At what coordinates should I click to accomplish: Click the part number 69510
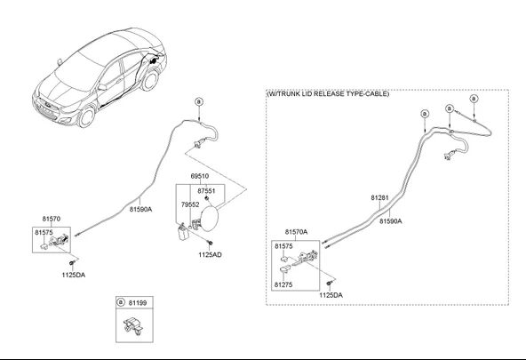pyautogui.click(x=200, y=176)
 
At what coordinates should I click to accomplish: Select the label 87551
pyautogui.click(x=206, y=191)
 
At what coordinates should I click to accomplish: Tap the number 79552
pyautogui.click(x=190, y=204)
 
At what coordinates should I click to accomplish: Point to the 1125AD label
pyautogui.click(x=210, y=254)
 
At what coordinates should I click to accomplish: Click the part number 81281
pyautogui.click(x=379, y=198)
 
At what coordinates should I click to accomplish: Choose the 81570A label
pyautogui.click(x=297, y=232)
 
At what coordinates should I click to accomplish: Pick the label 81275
pyautogui.click(x=283, y=284)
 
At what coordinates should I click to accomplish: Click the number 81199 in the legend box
pyautogui.click(x=138, y=303)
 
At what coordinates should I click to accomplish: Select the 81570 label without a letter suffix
pyautogui.click(x=52, y=219)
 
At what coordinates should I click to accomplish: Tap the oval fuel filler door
pyautogui.click(x=210, y=219)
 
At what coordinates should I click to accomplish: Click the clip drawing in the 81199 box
pyautogui.click(x=133, y=325)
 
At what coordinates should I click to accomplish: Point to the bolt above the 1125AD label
pyautogui.click(x=211, y=243)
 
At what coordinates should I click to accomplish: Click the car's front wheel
pyautogui.click(x=86, y=116)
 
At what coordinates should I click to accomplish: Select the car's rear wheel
pyautogui.click(x=150, y=81)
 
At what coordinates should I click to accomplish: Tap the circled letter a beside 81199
pyautogui.click(x=121, y=302)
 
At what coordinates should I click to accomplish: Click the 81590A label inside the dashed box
pyautogui.click(x=391, y=221)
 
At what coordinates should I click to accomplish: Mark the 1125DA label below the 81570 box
pyautogui.click(x=74, y=276)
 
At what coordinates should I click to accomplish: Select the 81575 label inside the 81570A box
pyautogui.click(x=283, y=246)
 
